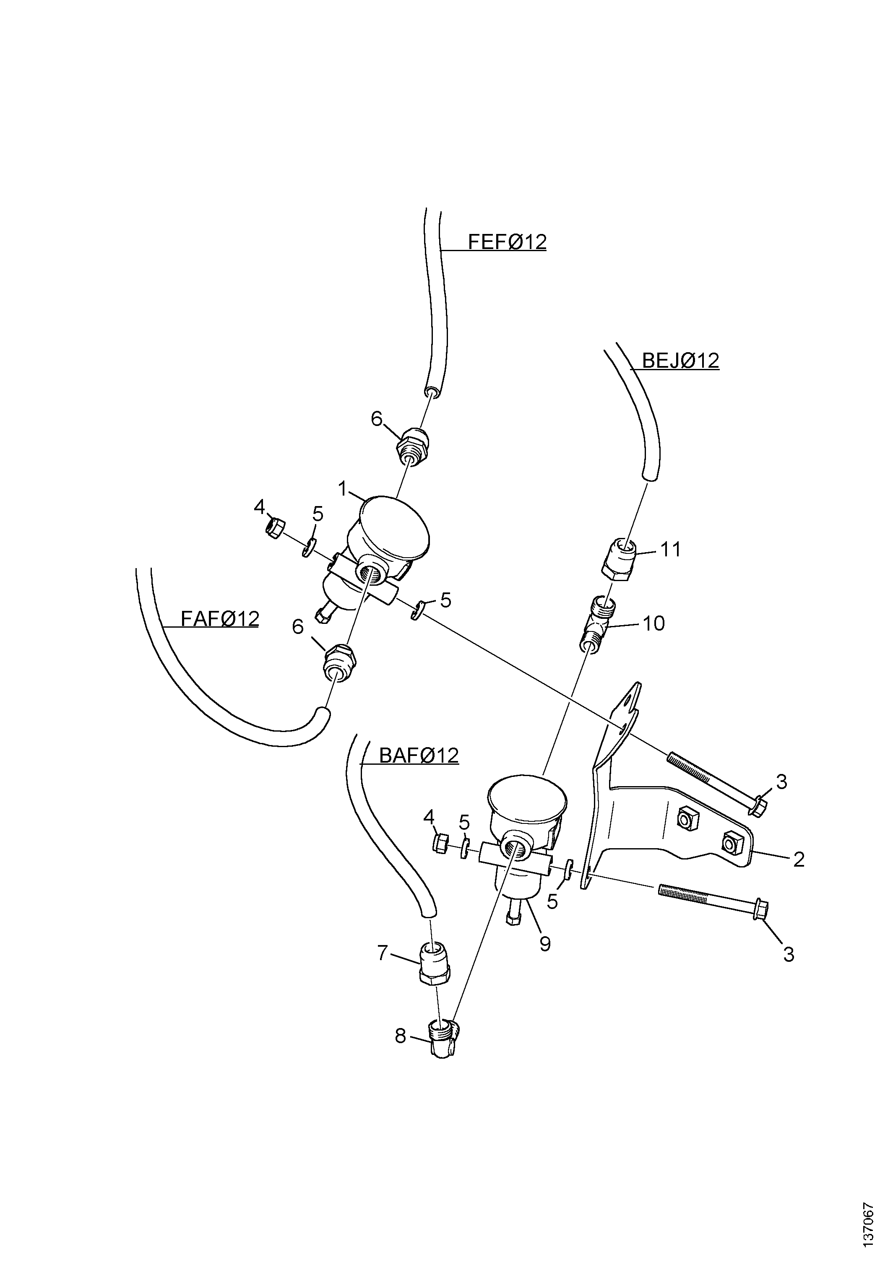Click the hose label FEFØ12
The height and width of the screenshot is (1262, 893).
coord(507,242)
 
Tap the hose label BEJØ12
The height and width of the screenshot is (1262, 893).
coord(681,361)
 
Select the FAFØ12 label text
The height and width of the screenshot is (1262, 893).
coord(220,619)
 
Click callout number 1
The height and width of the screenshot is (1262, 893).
coord(343,488)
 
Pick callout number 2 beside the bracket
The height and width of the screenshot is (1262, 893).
coord(799,859)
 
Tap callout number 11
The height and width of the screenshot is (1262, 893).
coord(670,549)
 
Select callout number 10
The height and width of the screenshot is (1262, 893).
coord(654,623)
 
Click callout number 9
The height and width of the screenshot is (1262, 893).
coord(545,944)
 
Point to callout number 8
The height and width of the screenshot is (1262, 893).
coord(400,1036)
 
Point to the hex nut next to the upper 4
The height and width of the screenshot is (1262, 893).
coord(274,528)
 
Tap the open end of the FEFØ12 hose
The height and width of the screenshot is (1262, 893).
coord(432,391)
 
